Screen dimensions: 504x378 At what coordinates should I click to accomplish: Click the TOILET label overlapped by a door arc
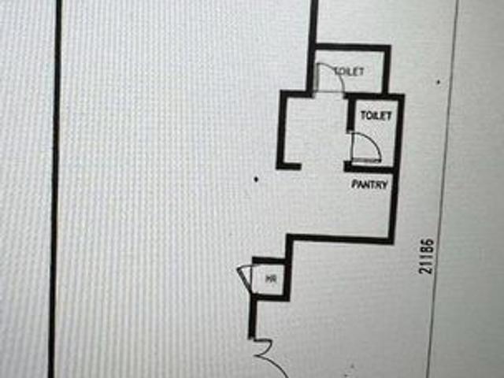click(350, 72)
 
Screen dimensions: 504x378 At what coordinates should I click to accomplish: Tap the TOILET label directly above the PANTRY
click(376, 116)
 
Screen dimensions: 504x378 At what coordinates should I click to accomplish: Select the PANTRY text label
click(369, 184)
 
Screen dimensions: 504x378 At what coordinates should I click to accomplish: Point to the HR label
click(271, 279)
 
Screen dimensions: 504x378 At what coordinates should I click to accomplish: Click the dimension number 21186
click(427, 256)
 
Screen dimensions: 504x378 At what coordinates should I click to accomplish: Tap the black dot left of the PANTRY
click(256, 180)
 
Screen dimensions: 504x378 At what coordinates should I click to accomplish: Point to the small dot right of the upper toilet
click(439, 82)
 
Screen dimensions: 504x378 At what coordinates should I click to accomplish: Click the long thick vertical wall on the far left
click(55, 189)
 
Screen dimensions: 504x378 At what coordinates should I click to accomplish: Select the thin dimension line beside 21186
click(442, 189)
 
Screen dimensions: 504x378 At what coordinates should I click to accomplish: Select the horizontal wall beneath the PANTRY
click(340, 238)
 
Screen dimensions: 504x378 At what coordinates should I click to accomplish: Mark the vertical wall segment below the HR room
click(253, 317)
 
